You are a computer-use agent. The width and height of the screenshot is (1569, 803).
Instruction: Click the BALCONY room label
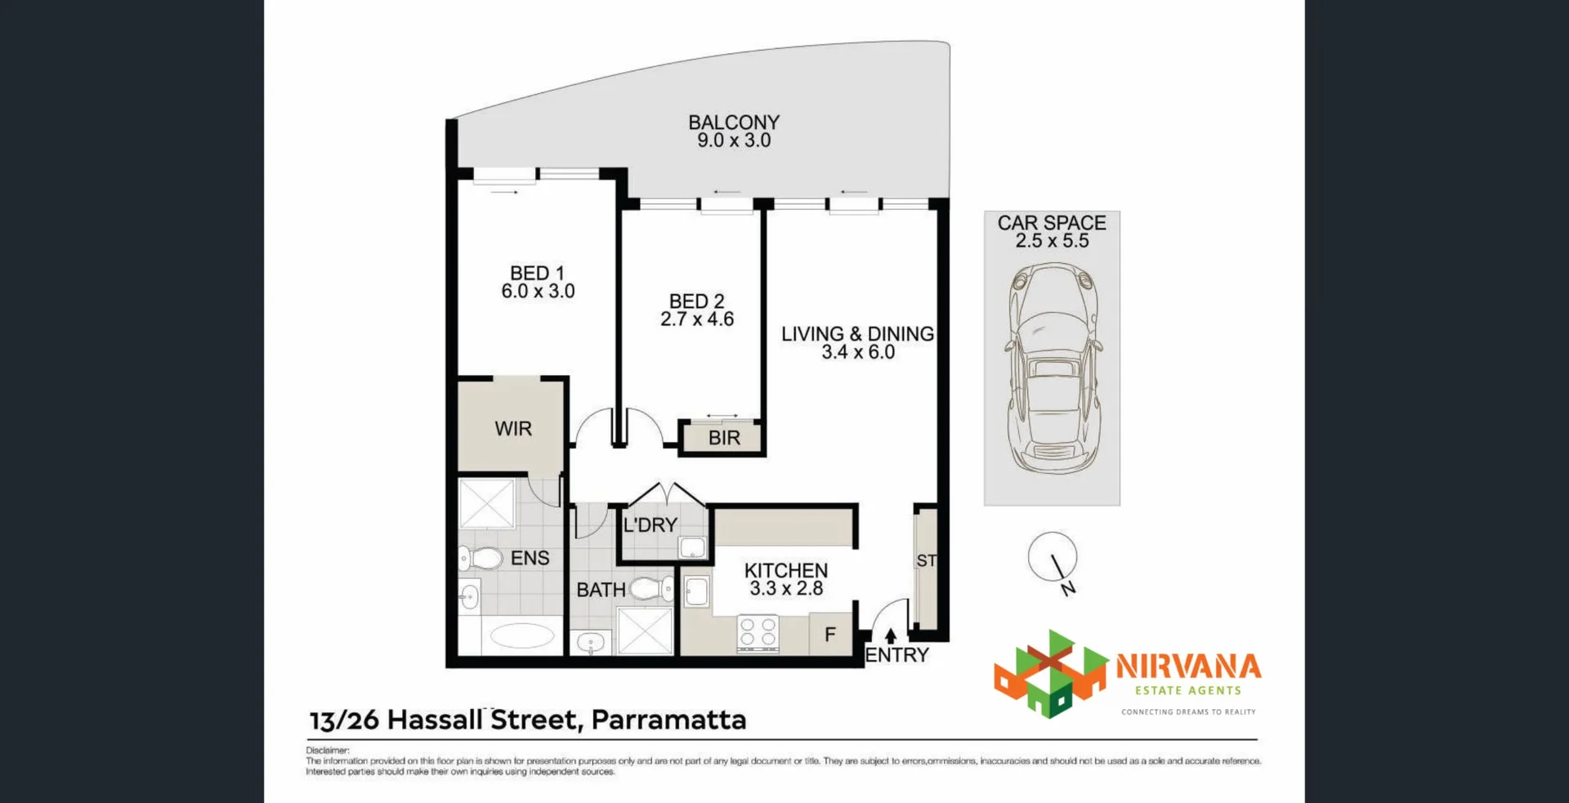pyautogui.click(x=733, y=123)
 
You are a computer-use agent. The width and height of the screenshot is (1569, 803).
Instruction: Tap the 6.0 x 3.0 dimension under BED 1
pyautogui.click(x=538, y=292)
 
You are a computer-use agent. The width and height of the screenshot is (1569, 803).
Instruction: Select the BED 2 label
pyautogui.click(x=696, y=301)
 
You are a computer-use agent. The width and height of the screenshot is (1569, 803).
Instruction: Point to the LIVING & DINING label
pyautogui.click(x=857, y=334)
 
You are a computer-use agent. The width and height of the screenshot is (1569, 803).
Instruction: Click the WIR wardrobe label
pyautogui.click(x=513, y=429)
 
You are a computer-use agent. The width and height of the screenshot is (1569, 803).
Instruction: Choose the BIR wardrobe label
pyautogui.click(x=724, y=439)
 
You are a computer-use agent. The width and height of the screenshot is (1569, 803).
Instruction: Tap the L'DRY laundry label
pyautogui.click(x=650, y=525)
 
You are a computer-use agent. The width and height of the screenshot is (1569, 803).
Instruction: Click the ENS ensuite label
pyautogui.click(x=530, y=559)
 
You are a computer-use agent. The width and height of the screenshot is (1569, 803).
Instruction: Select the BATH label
pyautogui.click(x=601, y=590)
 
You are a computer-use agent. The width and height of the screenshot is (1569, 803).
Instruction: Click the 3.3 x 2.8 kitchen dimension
pyautogui.click(x=786, y=589)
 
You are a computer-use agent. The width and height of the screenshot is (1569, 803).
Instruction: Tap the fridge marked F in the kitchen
pyautogui.click(x=830, y=635)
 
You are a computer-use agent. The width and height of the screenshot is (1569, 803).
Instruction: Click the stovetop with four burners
pyautogui.click(x=758, y=633)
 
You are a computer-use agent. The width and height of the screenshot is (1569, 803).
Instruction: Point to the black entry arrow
pyautogui.click(x=891, y=636)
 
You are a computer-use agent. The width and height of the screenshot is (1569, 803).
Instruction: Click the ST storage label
pyautogui.click(x=926, y=561)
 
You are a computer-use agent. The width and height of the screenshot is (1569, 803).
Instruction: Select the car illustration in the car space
pyautogui.click(x=1053, y=368)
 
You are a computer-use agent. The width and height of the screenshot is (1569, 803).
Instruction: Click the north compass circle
pyautogui.click(x=1052, y=557)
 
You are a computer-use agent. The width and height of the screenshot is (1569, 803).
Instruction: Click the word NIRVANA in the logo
pyautogui.click(x=1188, y=667)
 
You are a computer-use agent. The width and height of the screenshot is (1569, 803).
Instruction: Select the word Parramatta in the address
pyautogui.click(x=668, y=720)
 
